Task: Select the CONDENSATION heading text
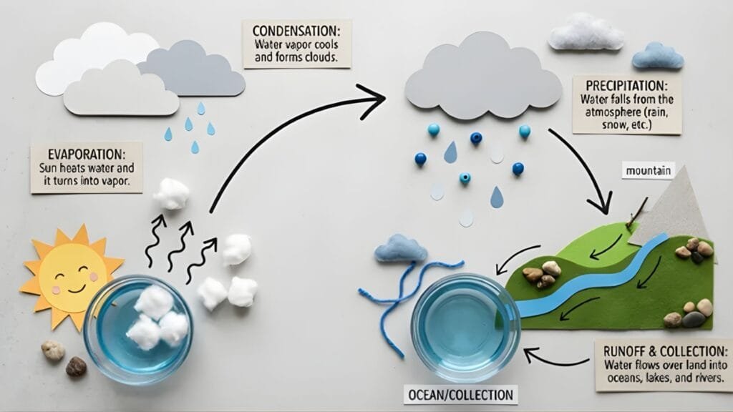[x=296, y=31]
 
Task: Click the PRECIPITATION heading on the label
[x=626, y=86]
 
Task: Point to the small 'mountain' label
[x=649, y=171]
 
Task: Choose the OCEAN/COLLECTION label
[x=460, y=395]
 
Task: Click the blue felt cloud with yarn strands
[x=401, y=247]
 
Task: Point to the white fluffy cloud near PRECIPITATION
[x=586, y=31]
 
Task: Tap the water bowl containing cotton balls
[x=138, y=329]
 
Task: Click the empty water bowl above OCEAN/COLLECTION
[x=466, y=328]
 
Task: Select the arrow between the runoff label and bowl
[x=555, y=358]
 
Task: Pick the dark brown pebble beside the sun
[x=76, y=367]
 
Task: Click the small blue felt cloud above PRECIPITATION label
[x=658, y=56]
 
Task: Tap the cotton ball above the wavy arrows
[x=171, y=193]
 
